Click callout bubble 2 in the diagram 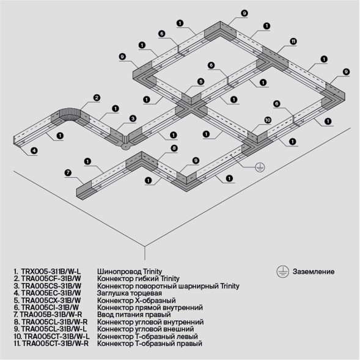97,97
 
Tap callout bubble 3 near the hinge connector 132,118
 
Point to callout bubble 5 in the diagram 200,81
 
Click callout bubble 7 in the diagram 68,173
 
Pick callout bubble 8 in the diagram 174,148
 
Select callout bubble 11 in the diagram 293,41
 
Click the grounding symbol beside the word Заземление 282,271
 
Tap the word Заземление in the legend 314,271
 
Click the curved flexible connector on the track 67,117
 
